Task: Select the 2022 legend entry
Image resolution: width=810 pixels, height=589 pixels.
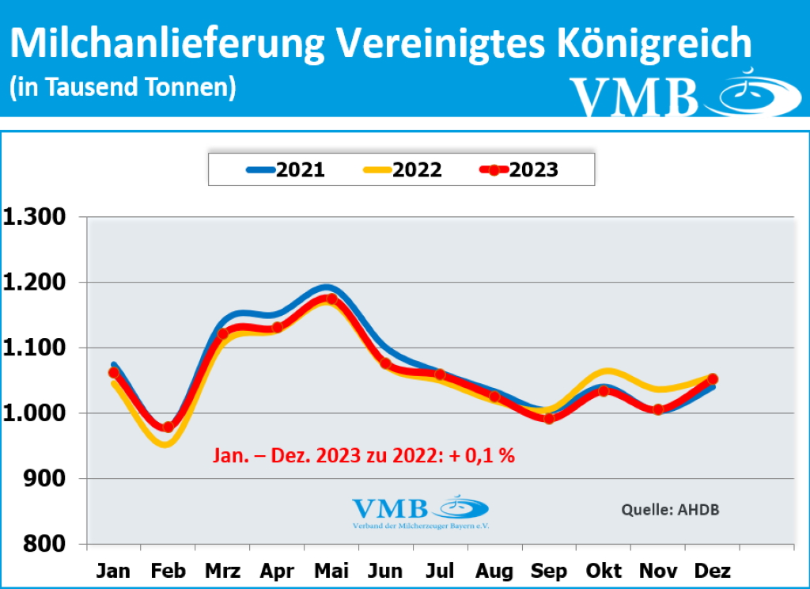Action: coord(403,169)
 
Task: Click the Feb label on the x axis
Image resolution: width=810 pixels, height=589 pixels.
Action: coord(168,571)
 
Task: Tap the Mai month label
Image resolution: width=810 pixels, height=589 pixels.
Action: coord(331,571)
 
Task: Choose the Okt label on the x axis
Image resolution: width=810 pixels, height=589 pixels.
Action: coord(604,571)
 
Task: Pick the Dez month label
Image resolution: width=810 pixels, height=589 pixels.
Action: coord(713,571)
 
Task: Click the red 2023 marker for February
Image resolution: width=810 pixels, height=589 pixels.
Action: coord(168,427)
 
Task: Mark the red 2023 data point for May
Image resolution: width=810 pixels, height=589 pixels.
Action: coord(331,299)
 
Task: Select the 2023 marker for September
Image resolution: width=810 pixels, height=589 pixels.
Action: coord(549,418)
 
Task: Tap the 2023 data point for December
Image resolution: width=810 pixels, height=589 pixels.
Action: coord(713,379)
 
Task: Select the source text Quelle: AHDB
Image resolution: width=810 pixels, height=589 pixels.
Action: coord(671,509)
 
